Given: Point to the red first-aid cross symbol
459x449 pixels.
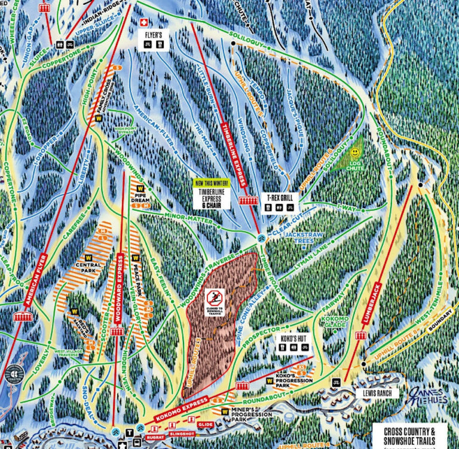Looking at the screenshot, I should (143, 22).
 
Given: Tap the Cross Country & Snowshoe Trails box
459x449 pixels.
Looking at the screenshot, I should (412, 433).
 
